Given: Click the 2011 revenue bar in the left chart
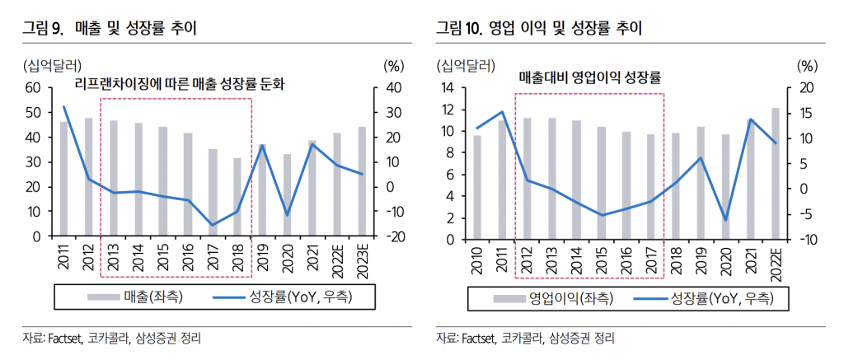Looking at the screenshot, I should pos(63,179).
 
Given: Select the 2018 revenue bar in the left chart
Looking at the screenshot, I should pos(237,197).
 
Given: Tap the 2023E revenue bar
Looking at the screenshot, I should pos(361,181).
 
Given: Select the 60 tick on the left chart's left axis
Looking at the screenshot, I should pos(34,87).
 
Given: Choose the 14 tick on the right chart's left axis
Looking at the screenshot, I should pos(449,88).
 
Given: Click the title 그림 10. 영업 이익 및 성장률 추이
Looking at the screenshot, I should pos(539,30).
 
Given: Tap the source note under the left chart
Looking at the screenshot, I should pos(112,339).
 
